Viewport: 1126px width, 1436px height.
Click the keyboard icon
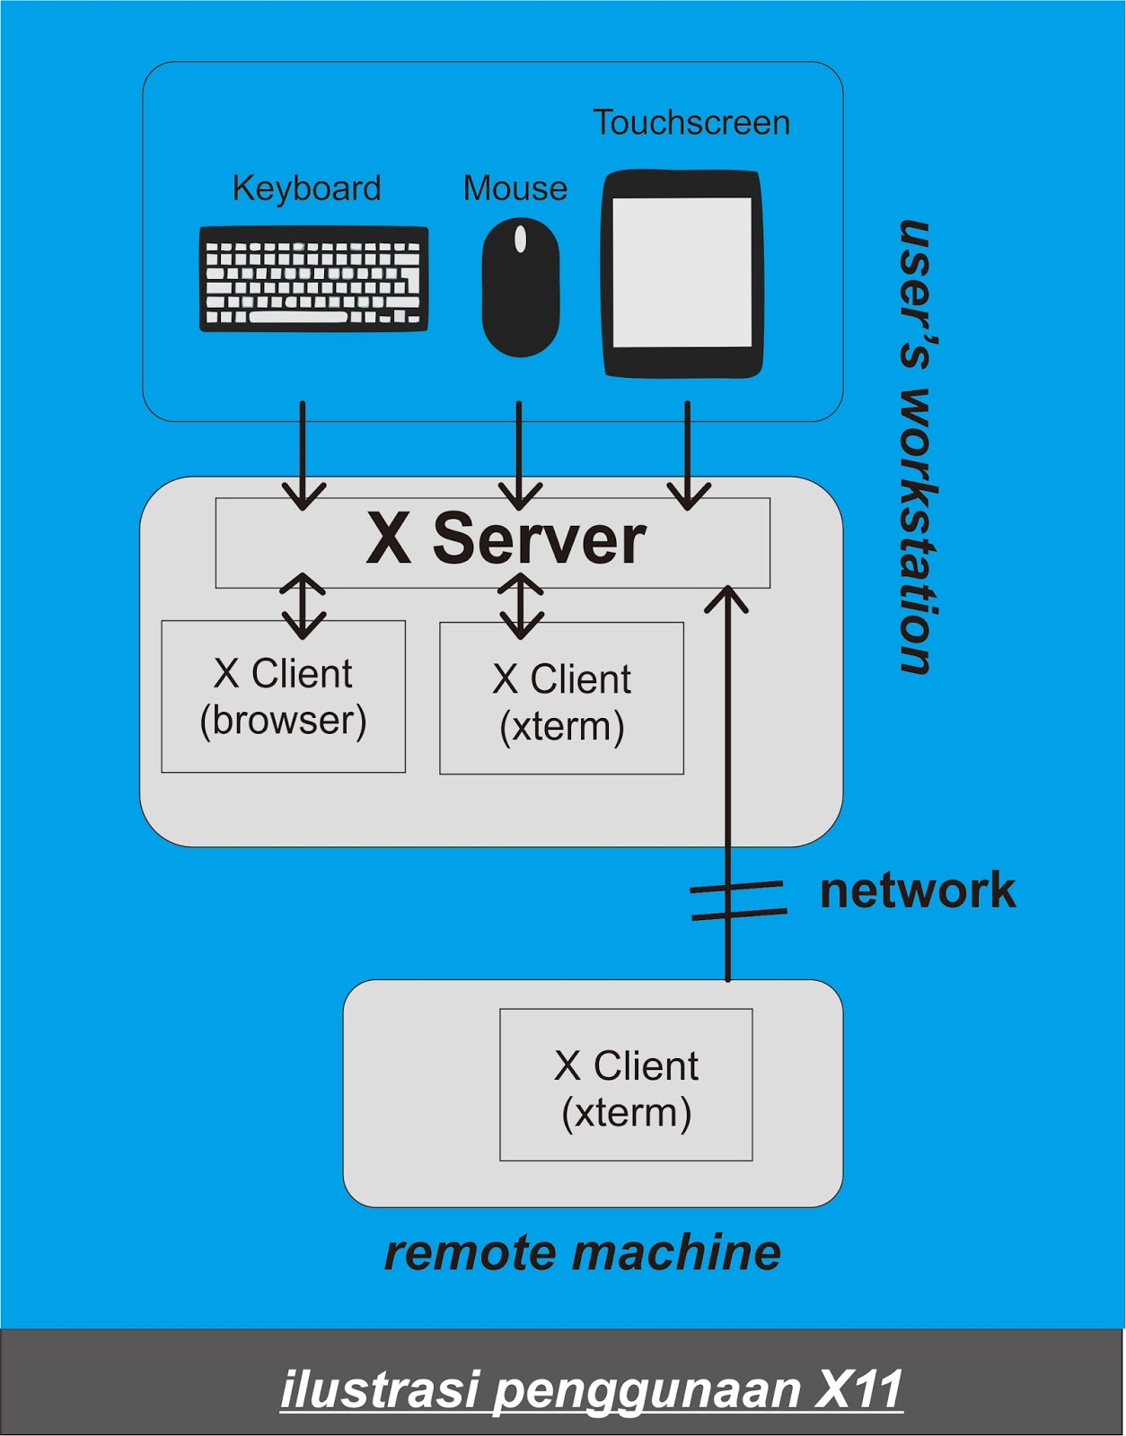point(313,279)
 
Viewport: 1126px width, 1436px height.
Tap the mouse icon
point(521,287)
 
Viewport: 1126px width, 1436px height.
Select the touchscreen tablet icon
point(682,274)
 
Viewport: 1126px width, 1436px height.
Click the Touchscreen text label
point(691,123)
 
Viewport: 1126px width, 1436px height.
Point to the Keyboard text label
point(306,188)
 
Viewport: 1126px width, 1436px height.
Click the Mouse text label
point(515,188)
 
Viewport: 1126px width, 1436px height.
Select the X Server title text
point(506,539)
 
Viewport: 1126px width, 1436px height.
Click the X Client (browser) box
point(283,696)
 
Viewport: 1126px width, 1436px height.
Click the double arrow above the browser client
point(303,606)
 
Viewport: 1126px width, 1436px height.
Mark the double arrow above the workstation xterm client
point(521,606)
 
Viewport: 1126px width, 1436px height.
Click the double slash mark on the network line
point(737,900)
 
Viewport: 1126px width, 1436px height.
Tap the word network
point(917,890)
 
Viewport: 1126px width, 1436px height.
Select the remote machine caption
point(582,1253)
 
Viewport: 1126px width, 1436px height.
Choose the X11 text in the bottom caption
point(858,1389)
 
